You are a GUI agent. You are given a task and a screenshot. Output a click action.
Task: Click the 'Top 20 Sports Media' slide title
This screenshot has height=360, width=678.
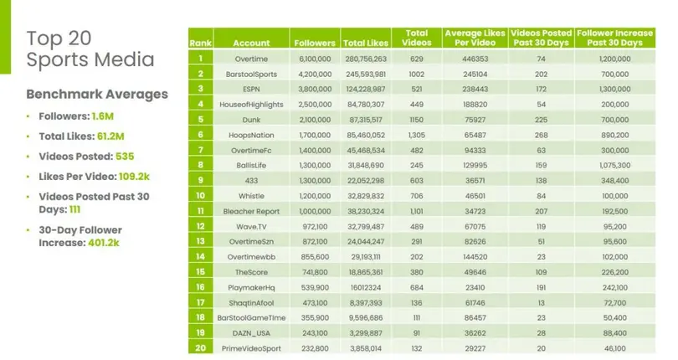click(x=90, y=49)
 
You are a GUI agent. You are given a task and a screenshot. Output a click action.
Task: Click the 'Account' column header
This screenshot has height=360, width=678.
click(x=251, y=42)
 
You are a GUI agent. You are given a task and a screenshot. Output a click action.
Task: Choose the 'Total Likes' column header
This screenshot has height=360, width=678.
click(x=365, y=42)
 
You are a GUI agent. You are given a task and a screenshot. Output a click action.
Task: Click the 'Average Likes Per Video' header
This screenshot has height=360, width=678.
click(x=473, y=38)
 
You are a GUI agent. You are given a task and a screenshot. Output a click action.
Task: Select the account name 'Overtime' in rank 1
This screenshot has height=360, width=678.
click(x=251, y=59)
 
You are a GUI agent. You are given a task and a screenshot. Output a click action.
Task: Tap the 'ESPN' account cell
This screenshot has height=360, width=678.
click(x=251, y=88)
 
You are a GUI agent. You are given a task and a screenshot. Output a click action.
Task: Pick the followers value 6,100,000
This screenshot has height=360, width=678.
click(x=315, y=59)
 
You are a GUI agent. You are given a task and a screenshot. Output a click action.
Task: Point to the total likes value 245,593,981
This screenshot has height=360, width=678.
click(x=365, y=74)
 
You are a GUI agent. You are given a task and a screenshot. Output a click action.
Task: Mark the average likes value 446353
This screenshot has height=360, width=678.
click(x=473, y=59)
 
